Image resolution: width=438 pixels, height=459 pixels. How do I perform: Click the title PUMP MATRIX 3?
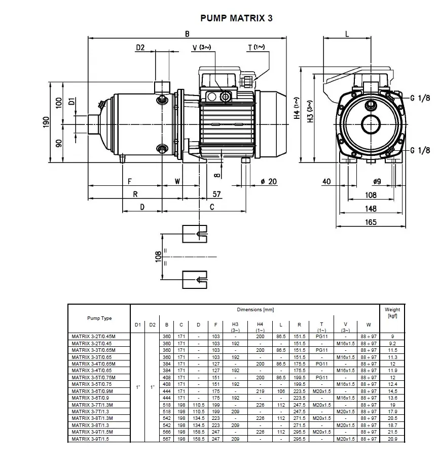tap(236, 18)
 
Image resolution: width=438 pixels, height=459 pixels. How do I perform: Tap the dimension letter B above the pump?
tap(187, 34)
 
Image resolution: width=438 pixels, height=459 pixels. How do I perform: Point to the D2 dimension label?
tap(140, 47)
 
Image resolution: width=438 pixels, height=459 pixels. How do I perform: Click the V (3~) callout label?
tap(202, 47)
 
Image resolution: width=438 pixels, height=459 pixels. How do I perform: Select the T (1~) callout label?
tap(256, 47)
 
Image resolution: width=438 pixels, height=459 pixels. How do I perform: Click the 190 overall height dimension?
tap(46, 122)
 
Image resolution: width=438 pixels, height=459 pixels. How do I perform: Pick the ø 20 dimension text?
tap(269, 181)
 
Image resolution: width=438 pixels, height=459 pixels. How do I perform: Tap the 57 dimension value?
tap(216, 194)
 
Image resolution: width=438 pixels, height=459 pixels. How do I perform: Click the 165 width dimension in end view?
tap(371, 222)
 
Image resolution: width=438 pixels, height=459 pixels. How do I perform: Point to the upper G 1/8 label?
tap(420, 98)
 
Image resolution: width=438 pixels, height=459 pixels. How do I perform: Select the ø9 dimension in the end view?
tap(377, 181)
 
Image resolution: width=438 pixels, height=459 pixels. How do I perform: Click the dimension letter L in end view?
tap(347, 34)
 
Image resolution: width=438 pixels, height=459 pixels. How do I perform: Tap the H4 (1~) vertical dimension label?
tap(297, 108)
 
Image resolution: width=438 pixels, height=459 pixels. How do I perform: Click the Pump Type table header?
tap(99, 318)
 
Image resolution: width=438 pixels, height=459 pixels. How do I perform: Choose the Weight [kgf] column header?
tap(392, 312)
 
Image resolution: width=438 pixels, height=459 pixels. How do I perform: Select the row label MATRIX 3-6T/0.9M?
tap(92, 391)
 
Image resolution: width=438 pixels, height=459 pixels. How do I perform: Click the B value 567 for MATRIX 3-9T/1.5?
tap(167, 439)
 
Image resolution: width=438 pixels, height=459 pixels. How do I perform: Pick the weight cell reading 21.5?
tap(392, 432)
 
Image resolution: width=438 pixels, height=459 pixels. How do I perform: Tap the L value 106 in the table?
tap(281, 391)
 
